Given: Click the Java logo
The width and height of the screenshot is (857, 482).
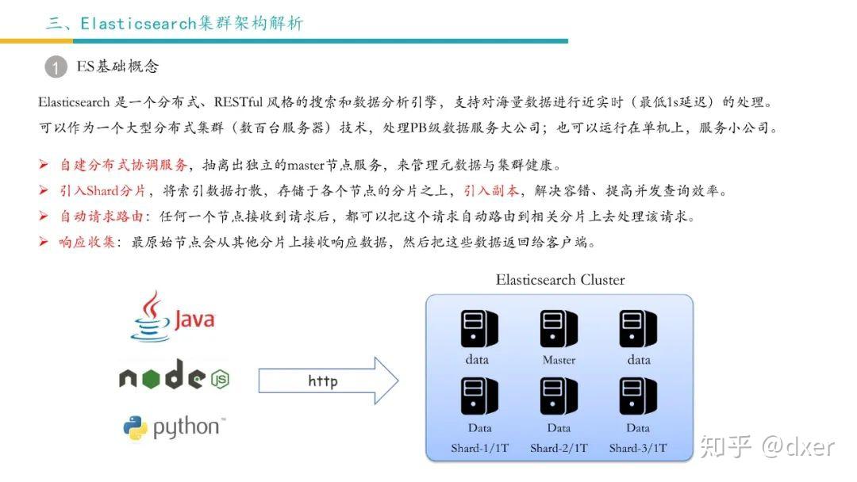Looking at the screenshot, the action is click(173, 316).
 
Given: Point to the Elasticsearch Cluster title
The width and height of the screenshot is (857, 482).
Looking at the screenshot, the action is click(559, 280).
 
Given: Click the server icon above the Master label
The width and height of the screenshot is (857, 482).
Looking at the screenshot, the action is click(559, 328).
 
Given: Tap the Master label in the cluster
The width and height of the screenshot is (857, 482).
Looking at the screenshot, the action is click(559, 360).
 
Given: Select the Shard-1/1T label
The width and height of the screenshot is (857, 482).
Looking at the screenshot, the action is click(479, 448).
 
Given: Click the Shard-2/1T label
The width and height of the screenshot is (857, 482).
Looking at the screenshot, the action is click(559, 448).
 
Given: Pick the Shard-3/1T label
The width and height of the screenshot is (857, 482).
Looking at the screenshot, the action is click(638, 448).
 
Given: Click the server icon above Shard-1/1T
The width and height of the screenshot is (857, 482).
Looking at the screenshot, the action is click(479, 396).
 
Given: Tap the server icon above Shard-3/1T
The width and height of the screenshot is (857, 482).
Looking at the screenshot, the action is click(638, 396).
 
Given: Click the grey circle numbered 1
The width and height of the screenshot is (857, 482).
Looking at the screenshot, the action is click(56, 67).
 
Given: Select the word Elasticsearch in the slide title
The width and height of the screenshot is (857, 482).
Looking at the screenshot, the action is click(138, 23).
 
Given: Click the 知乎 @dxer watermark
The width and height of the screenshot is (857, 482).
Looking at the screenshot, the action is click(767, 446).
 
